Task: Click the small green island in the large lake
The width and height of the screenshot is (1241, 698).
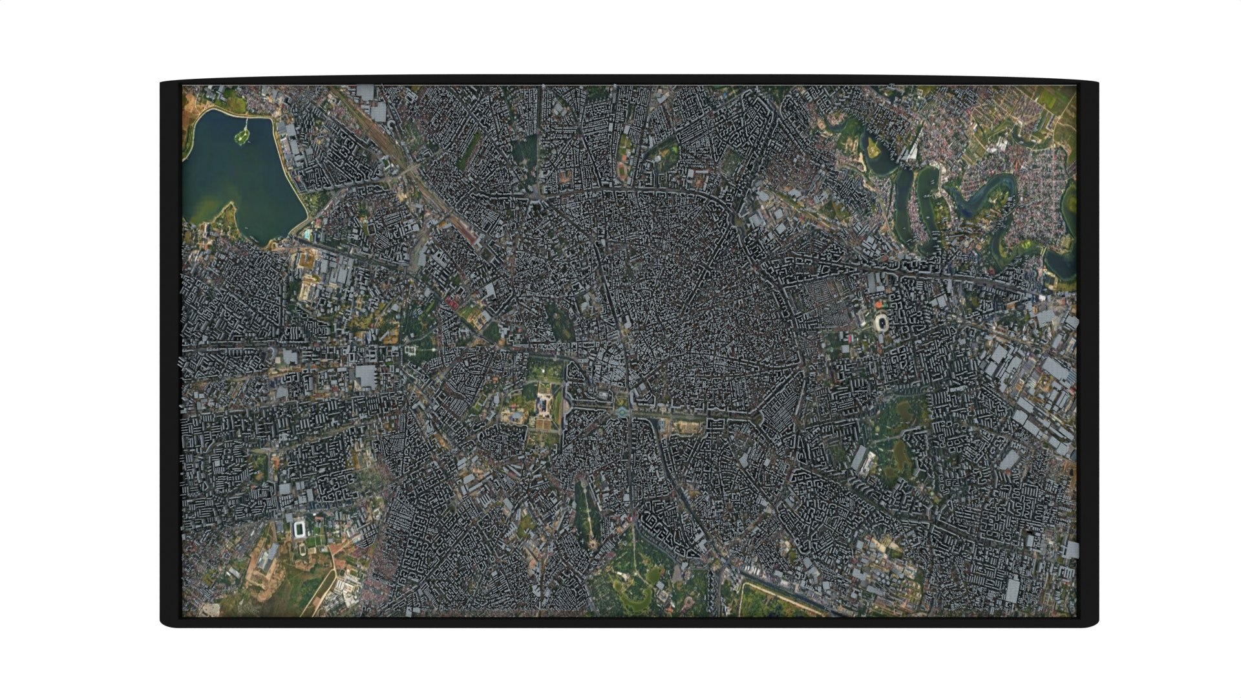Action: (242, 135)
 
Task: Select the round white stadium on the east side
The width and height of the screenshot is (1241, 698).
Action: (881, 322)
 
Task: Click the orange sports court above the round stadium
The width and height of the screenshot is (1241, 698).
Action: (878, 303)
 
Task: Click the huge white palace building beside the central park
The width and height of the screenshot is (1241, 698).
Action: (542, 406)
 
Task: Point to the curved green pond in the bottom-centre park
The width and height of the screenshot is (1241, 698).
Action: (637, 585)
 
